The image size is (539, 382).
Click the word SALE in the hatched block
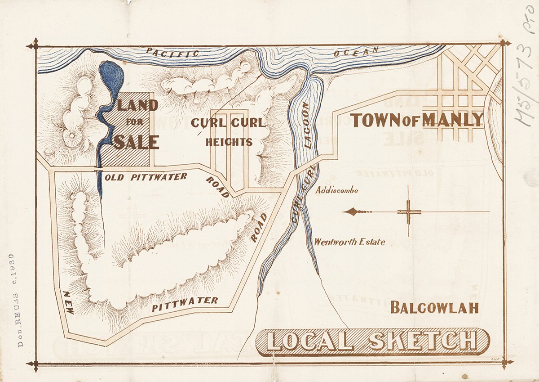[136, 142]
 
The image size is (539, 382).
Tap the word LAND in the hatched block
[137, 106]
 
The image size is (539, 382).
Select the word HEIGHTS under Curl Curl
[229, 142]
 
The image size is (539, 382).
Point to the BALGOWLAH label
[434, 308]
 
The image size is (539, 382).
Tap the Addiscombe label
[337, 190]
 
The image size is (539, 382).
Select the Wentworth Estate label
[349, 242]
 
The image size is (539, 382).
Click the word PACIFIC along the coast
[173, 53]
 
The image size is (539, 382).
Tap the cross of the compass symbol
[409, 212]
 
